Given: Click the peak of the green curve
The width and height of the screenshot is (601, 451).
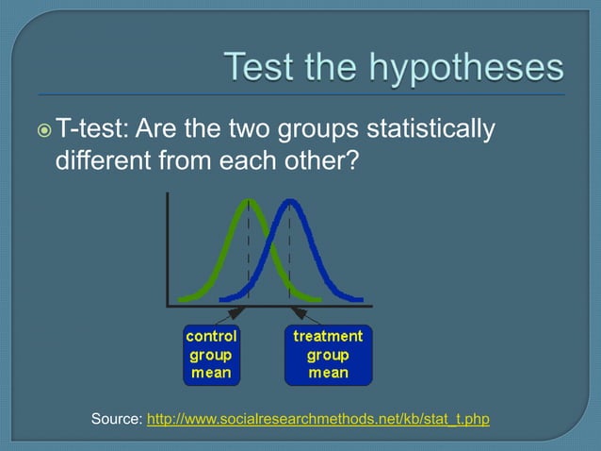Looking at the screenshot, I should click(249, 201).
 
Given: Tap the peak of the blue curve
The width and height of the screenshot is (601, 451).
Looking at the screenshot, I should click(290, 201).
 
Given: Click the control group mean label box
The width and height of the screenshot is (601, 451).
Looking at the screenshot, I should click(211, 355).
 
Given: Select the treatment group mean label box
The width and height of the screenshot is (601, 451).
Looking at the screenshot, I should click(328, 355).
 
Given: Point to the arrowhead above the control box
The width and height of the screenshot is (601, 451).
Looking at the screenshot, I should click(238, 312).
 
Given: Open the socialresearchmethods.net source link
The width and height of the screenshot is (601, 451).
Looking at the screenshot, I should click(318, 418).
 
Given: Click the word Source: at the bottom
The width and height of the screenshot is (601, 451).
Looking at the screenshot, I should click(117, 418).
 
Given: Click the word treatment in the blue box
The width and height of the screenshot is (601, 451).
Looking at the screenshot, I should click(328, 336).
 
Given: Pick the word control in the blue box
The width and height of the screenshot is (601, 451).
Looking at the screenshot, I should click(211, 336).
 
